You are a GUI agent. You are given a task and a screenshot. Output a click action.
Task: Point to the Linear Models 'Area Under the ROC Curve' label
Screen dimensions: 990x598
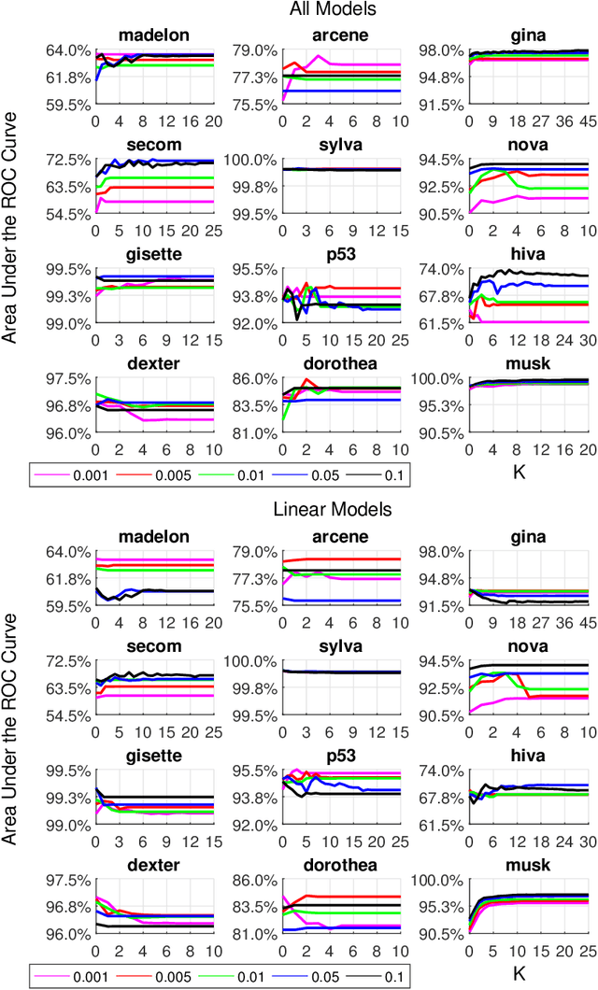(11, 742)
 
